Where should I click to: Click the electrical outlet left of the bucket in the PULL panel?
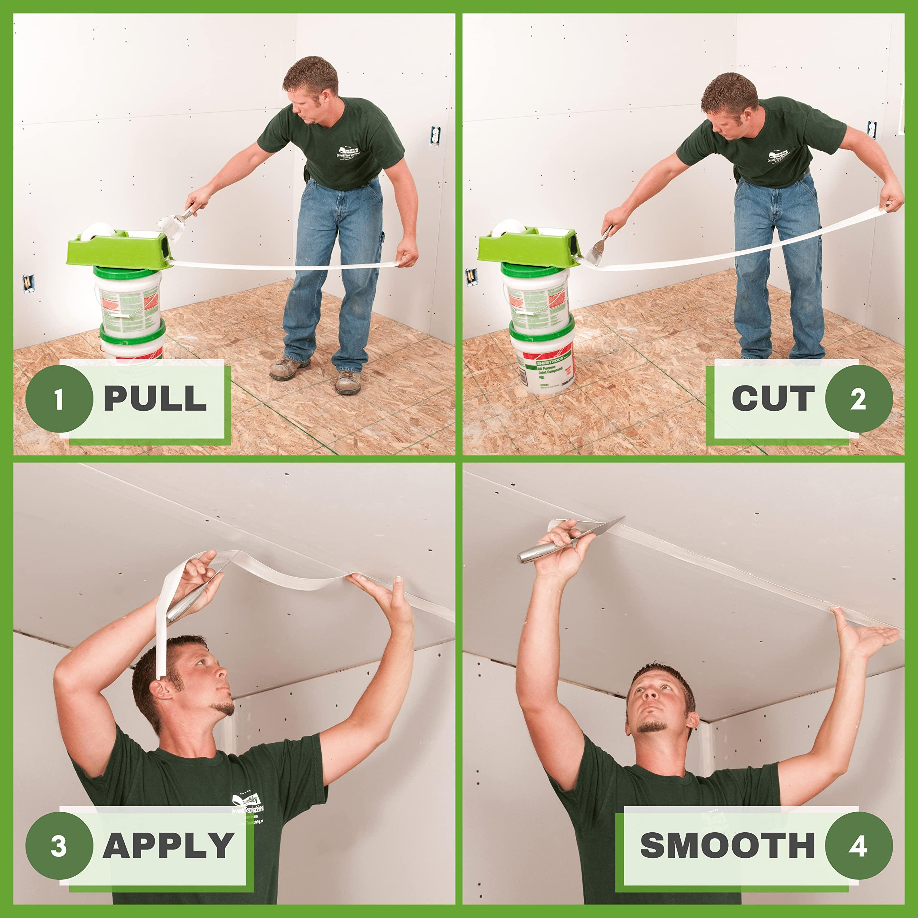tap(28, 284)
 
